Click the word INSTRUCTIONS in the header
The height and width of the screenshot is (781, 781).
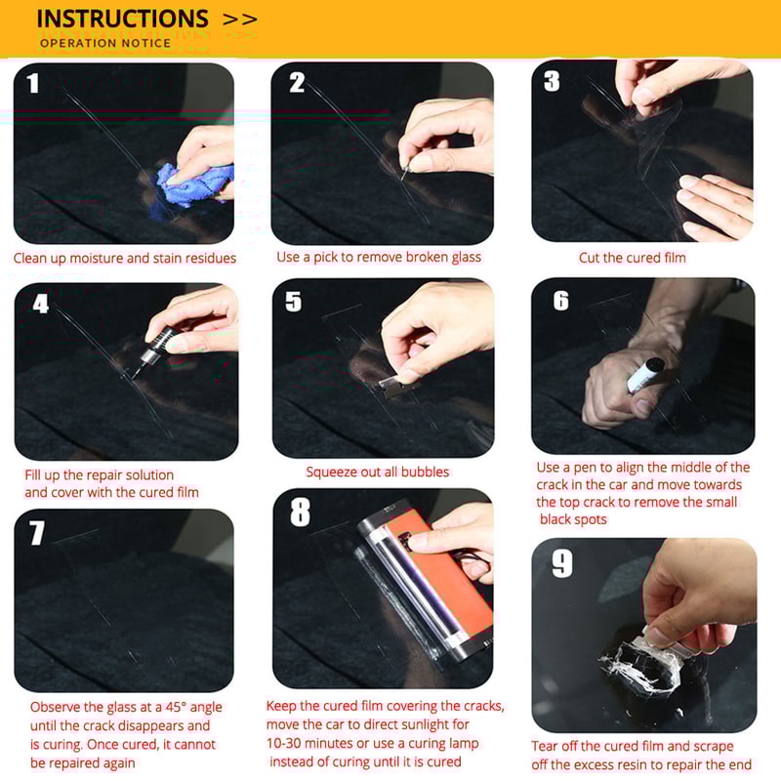pos(122,19)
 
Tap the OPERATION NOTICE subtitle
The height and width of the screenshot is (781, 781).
pos(105,43)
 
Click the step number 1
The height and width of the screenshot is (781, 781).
pos(34,83)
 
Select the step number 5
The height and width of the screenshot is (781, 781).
pos(294,302)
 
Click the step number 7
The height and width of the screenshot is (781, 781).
pos(37,533)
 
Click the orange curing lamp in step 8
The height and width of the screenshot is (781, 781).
pos(449,576)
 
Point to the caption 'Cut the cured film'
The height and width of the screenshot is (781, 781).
pos(632,258)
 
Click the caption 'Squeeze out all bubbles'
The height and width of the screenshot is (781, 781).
pos(378,473)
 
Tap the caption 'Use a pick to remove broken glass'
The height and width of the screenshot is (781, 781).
pos(379,258)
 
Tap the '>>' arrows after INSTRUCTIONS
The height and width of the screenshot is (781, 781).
pos(240,19)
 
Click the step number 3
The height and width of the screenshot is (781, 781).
pos(553,81)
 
